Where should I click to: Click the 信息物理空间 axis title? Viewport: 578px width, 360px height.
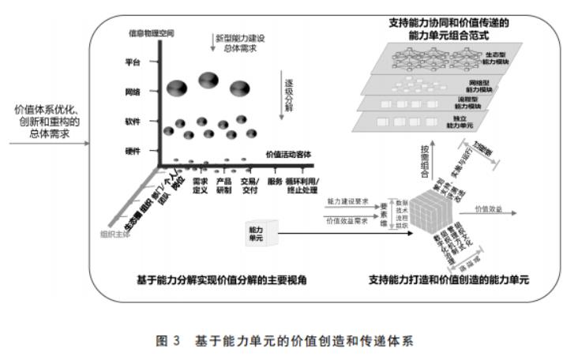click(152, 33)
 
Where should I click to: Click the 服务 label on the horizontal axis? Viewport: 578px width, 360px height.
click(275, 182)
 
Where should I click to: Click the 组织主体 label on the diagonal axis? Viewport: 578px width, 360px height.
click(116, 235)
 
